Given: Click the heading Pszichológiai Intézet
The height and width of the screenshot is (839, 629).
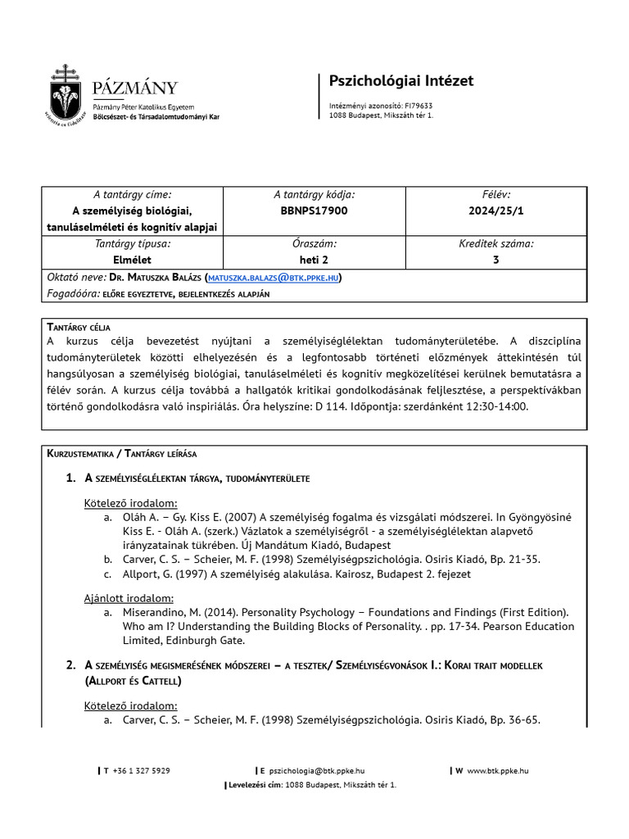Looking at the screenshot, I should (x=400, y=80).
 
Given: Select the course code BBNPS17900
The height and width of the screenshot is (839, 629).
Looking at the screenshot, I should (x=314, y=211).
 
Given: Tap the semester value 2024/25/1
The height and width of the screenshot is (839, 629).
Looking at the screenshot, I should (x=496, y=211).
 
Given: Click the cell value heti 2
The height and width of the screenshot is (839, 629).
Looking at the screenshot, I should (x=314, y=260).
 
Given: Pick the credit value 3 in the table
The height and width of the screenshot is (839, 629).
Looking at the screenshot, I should (x=496, y=260).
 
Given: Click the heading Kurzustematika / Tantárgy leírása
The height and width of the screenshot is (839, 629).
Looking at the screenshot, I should (x=121, y=453).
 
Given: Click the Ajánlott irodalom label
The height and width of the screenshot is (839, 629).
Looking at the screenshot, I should (x=129, y=597).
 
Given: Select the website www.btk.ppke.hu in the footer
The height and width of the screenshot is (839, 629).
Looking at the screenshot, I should (x=497, y=770).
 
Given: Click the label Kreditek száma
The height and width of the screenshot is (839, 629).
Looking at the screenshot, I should (x=496, y=243).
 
